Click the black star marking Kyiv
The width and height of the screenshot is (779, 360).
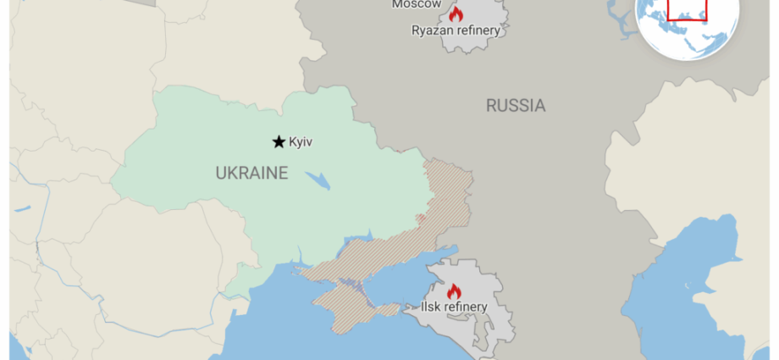point(278,141)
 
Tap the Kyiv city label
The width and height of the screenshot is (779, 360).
point(301,141)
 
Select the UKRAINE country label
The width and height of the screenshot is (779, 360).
point(251,174)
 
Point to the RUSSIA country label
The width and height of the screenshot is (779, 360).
point(515,106)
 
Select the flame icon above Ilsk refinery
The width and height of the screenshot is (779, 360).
point(454,291)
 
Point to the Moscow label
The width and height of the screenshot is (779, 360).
point(416,4)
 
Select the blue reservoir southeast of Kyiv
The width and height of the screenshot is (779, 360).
point(318,181)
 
